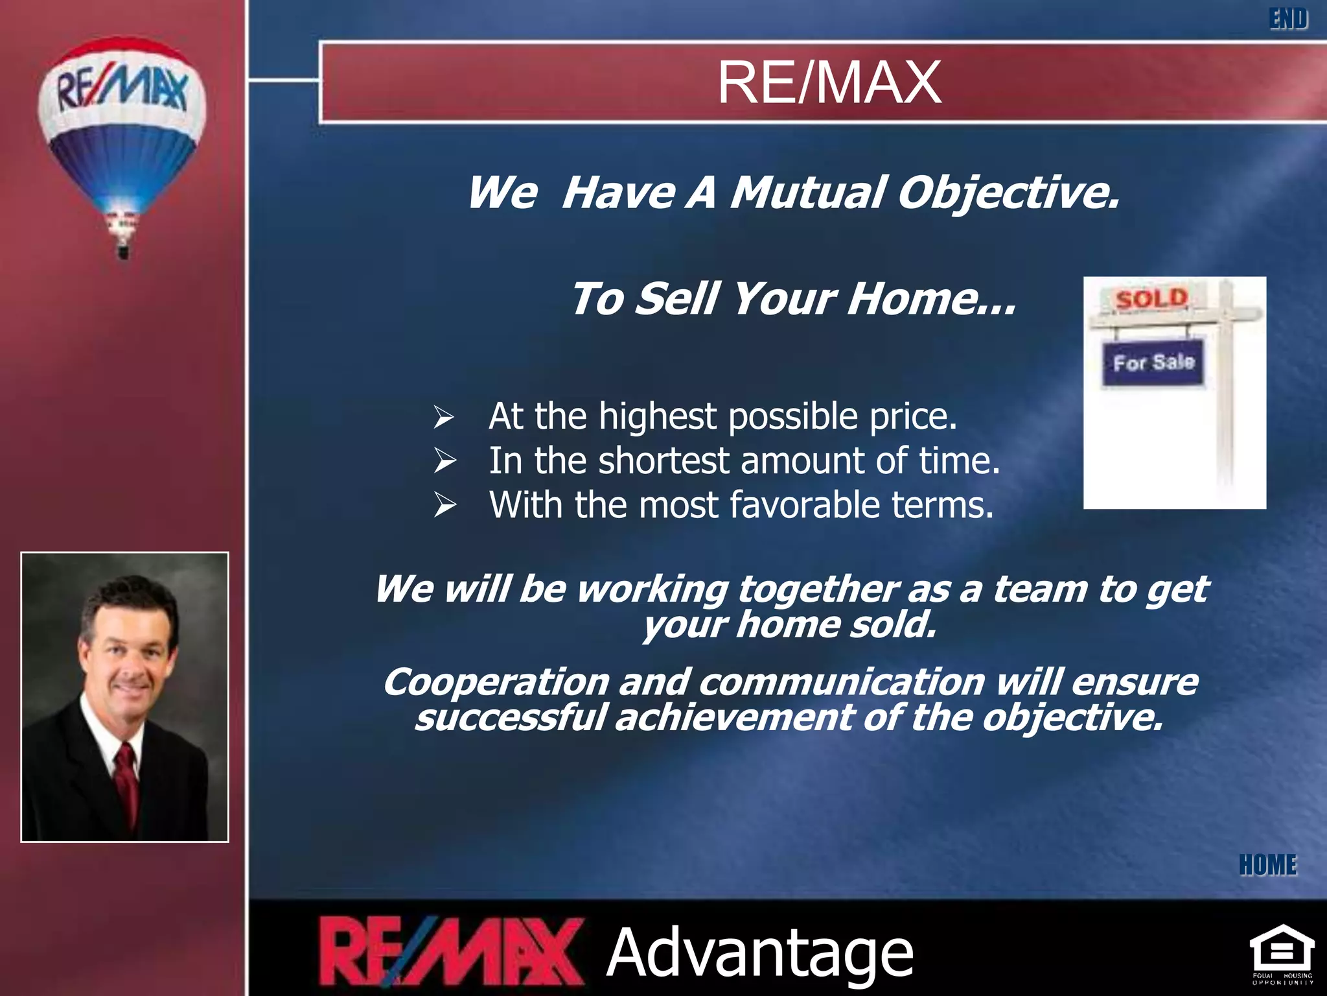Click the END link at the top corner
coord(1288,19)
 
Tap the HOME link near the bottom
coord(1268,865)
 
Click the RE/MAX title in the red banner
coord(829,82)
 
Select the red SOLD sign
coord(1151,300)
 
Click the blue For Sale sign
coord(1153,362)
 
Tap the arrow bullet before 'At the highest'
coord(444,417)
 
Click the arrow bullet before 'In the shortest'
coord(444,461)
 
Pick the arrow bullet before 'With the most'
coord(444,505)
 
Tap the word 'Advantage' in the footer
coord(759,952)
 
